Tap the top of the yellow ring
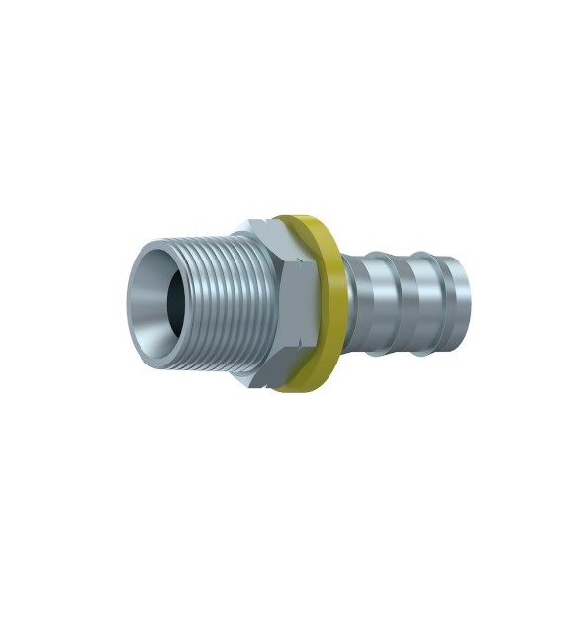[x=297, y=219]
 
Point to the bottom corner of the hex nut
[x=259, y=380]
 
